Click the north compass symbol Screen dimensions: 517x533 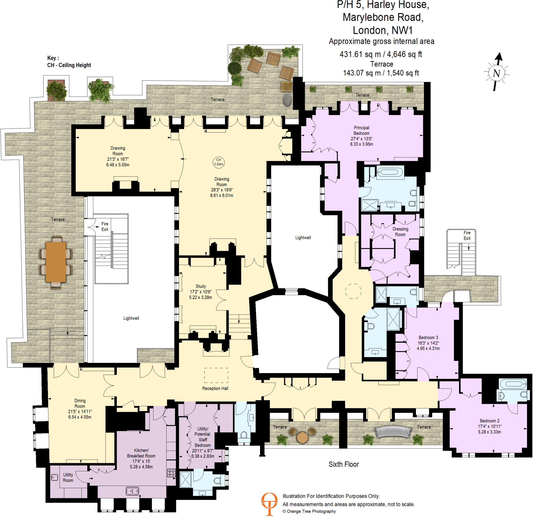click(x=497, y=73)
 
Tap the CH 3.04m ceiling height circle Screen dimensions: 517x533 click(x=218, y=162)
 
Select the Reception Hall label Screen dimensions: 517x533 click(x=215, y=388)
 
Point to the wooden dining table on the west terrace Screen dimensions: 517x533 click(x=56, y=262)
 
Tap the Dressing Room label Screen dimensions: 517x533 click(x=400, y=232)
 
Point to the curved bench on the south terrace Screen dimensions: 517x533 click(x=393, y=432)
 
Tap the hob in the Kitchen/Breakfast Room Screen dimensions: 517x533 click(x=171, y=473)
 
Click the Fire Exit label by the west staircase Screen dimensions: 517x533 click(x=105, y=226)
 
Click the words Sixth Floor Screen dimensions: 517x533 click(x=344, y=464)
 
